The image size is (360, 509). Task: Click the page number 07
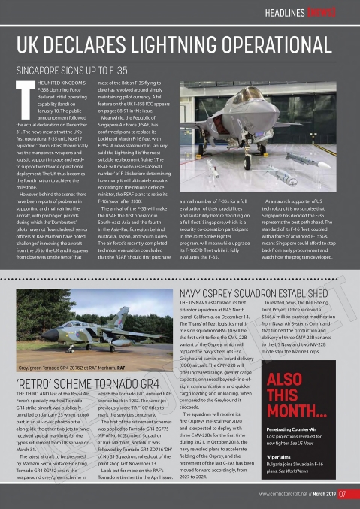click(343, 494)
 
